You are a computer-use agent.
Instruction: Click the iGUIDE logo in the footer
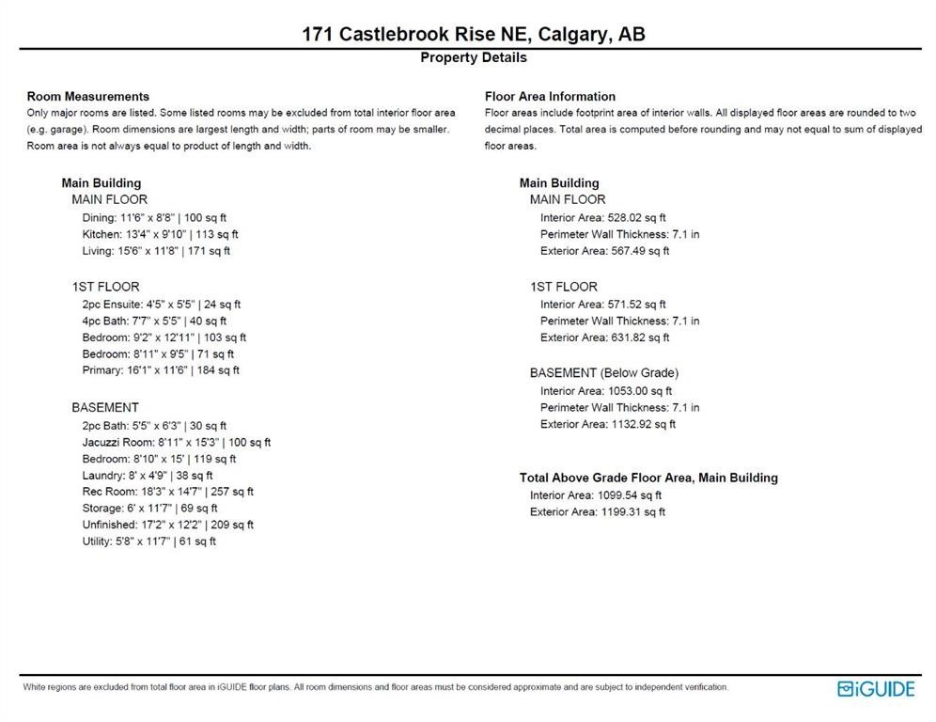(x=875, y=689)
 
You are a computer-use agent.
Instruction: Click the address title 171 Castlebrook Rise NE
(x=473, y=35)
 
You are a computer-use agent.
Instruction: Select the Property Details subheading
(x=473, y=58)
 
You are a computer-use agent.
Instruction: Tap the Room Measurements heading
(x=87, y=96)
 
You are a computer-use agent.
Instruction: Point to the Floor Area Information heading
(x=550, y=96)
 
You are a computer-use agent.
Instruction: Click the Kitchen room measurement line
(x=160, y=234)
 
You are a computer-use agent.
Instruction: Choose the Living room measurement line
(x=156, y=251)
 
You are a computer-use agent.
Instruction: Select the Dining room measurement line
(x=154, y=217)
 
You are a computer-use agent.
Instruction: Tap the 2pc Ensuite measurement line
(x=162, y=304)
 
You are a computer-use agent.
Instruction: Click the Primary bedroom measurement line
(x=161, y=370)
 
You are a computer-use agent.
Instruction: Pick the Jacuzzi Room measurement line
(x=176, y=442)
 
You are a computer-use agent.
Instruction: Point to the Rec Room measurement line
(x=167, y=492)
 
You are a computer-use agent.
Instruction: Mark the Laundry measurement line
(x=147, y=476)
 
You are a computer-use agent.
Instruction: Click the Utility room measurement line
(x=148, y=541)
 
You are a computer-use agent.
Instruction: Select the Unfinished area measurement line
(x=167, y=525)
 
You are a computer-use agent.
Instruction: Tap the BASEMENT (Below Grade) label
(x=603, y=373)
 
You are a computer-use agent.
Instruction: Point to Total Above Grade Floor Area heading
(x=648, y=478)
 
